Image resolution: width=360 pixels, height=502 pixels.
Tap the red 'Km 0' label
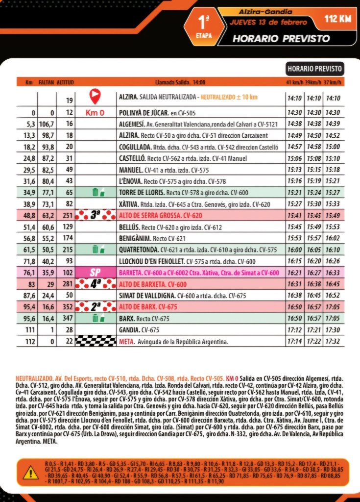coord(95,113)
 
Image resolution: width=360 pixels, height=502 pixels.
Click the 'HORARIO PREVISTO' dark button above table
coord(314,69)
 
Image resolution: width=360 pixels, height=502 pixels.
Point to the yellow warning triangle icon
coord(30,472)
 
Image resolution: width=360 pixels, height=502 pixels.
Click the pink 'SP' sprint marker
coord(95,273)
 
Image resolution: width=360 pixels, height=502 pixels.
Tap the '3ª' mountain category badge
coord(95,215)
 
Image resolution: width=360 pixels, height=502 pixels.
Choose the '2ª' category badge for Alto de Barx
coord(95,307)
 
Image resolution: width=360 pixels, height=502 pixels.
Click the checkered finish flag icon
coord(95,342)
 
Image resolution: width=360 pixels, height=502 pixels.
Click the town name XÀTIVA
coord(128,203)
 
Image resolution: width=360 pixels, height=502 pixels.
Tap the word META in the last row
coord(125,342)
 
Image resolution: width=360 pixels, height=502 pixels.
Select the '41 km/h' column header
coord(294,82)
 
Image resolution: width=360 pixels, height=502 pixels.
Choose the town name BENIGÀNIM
coord(135,238)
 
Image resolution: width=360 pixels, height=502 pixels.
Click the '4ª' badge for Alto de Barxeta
coord(95,284)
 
